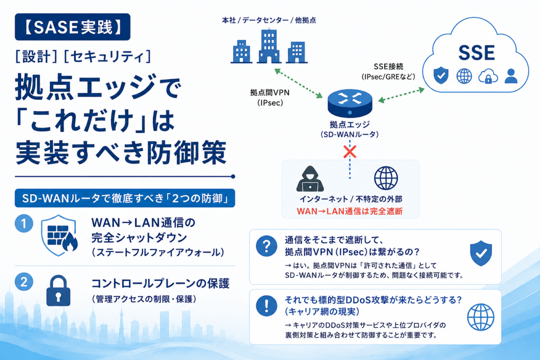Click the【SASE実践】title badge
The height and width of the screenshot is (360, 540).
click(72, 27)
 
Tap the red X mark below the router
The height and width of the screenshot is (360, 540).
click(350, 152)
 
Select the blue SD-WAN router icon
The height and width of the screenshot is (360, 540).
click(350, 103)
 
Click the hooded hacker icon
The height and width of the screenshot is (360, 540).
click(310, 179)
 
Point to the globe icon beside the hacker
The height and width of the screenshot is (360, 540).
click(386, 178)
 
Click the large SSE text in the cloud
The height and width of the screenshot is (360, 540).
click(477, 53)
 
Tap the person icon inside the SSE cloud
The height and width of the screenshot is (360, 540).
click(511, 76)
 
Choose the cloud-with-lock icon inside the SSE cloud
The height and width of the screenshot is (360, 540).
click(488, 76)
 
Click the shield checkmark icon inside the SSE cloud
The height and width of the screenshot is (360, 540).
click(441, 75)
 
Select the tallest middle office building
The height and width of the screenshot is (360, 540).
click(269, 46)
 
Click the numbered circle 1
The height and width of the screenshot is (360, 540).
click(24, 223)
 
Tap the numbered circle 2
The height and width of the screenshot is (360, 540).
click(24, 282)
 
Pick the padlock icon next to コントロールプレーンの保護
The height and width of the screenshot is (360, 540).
click(58, 291)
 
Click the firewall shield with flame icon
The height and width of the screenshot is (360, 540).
click(59, 235)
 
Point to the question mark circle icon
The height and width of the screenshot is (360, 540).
click(266, 246)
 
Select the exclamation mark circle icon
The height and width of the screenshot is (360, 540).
click(266, 306)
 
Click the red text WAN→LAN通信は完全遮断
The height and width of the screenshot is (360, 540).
click(350, 211)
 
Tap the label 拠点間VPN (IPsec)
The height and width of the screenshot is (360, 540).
click(270, 98)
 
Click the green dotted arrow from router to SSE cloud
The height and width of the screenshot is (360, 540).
click(401, 95)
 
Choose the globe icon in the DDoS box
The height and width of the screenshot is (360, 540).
click(481, 317)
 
